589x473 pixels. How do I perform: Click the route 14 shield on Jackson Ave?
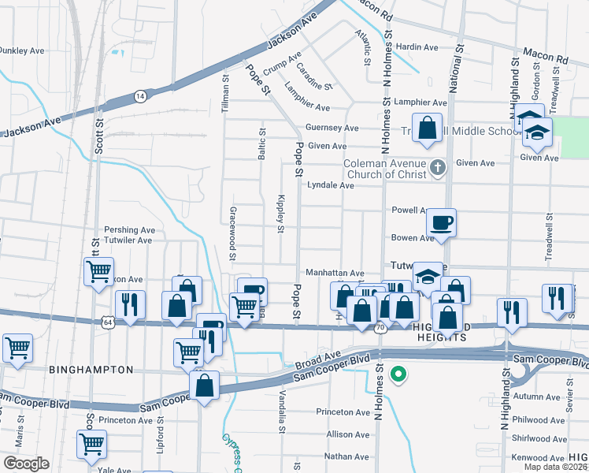140,95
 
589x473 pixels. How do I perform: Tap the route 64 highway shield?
107,322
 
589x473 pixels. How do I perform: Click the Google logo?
26,464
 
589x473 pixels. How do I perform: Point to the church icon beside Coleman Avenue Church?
439,167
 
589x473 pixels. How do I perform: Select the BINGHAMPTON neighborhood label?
91,369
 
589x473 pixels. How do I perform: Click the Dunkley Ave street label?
21,50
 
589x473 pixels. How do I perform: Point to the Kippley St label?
280,214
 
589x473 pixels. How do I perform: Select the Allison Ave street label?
348,434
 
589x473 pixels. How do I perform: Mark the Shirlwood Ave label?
539,440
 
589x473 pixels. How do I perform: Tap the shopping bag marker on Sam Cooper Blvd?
205,386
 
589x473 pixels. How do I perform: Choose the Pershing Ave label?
131,230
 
